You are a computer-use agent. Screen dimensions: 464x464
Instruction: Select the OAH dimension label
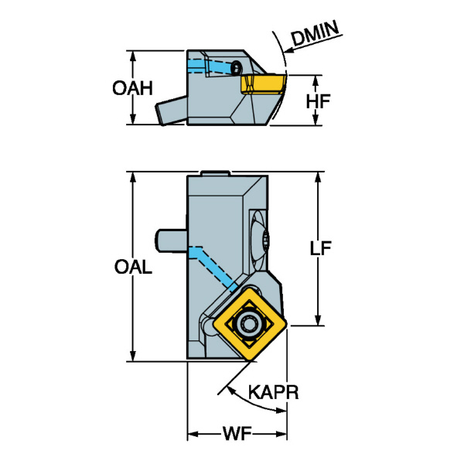coord(131,88)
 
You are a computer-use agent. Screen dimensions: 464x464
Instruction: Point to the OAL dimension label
coord(133,267)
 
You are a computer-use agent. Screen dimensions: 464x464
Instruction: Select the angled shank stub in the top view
coord(170,111)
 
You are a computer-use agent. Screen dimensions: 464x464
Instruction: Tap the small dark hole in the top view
coord(234,68)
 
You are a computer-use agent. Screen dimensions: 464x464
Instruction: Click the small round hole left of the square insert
coord(211,328)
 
